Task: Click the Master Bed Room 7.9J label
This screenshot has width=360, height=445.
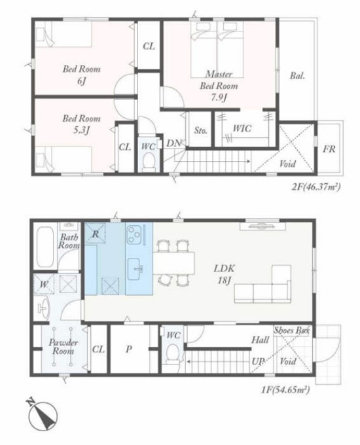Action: [x=219, y=86]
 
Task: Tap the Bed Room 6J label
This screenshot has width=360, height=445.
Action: [x=81, y=75]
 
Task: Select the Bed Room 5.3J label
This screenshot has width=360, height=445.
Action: [x=81, y=124]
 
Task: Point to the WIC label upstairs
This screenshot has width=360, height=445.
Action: [x=242, y=128]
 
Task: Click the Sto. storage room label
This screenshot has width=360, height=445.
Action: [x=201, y=131]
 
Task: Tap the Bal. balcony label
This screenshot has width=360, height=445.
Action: [x=298, y=76]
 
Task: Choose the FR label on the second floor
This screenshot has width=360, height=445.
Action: [x=329, y=149]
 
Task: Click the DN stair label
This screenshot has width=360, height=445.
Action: [x=173, y=143]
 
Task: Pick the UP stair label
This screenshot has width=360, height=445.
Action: [x=258, y=361]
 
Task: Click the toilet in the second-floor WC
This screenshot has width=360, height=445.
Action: [x=148, y=162]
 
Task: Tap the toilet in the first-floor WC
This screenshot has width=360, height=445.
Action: [x=171, y=353]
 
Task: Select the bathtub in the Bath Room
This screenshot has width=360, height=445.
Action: [x=45, y=247]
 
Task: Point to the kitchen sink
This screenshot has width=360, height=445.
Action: [x=135, y=269]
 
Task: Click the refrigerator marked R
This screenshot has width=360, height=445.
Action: [x=96, y=233]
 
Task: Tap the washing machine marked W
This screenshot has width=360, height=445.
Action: [x=43, y=284]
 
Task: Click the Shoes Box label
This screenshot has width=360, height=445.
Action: [x=291, y=330]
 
